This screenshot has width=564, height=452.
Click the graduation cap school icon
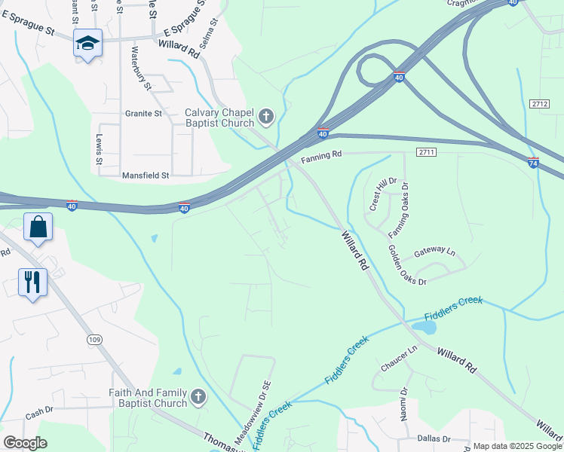(87, 44)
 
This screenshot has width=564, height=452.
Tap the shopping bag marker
(38, 227)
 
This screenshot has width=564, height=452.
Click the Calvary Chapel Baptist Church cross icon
(265, 116)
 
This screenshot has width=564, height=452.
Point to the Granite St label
(143, 114)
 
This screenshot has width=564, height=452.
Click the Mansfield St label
(146, 175)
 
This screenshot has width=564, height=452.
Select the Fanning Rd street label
(321, 157)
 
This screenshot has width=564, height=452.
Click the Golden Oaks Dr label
(407, 264)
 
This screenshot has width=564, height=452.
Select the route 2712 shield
(538, 104)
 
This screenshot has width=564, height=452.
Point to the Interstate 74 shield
(533, 162)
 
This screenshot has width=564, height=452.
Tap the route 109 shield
(93, 340)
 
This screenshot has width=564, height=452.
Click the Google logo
(25, 443)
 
